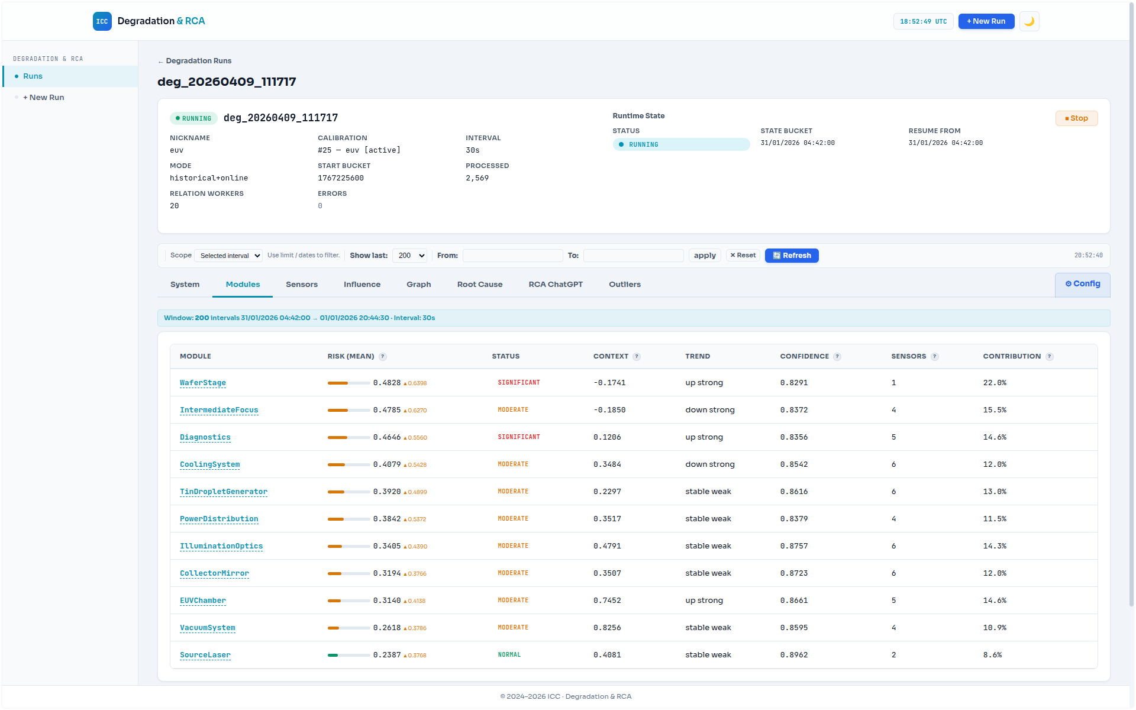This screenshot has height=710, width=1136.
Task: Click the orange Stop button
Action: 1076,118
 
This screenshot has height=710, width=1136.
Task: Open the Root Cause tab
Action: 479,285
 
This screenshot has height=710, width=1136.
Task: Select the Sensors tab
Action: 301,285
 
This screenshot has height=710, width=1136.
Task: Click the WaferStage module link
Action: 203,383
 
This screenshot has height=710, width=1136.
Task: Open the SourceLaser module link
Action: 205,655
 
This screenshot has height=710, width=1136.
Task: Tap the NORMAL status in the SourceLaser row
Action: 509,655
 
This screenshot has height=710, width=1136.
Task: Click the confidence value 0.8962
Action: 793,655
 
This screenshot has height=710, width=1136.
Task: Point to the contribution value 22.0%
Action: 994,383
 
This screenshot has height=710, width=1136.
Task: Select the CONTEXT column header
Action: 611,356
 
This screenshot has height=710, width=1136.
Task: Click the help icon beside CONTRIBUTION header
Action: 1049,357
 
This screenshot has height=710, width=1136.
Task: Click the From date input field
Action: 512,256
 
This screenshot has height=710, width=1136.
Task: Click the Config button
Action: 1082,284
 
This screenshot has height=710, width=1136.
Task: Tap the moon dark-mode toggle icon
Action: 1029,21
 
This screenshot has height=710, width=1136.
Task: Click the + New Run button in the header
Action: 986,21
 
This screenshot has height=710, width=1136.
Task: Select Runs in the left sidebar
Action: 33,76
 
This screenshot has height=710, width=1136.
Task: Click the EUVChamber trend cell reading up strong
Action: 703,601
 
